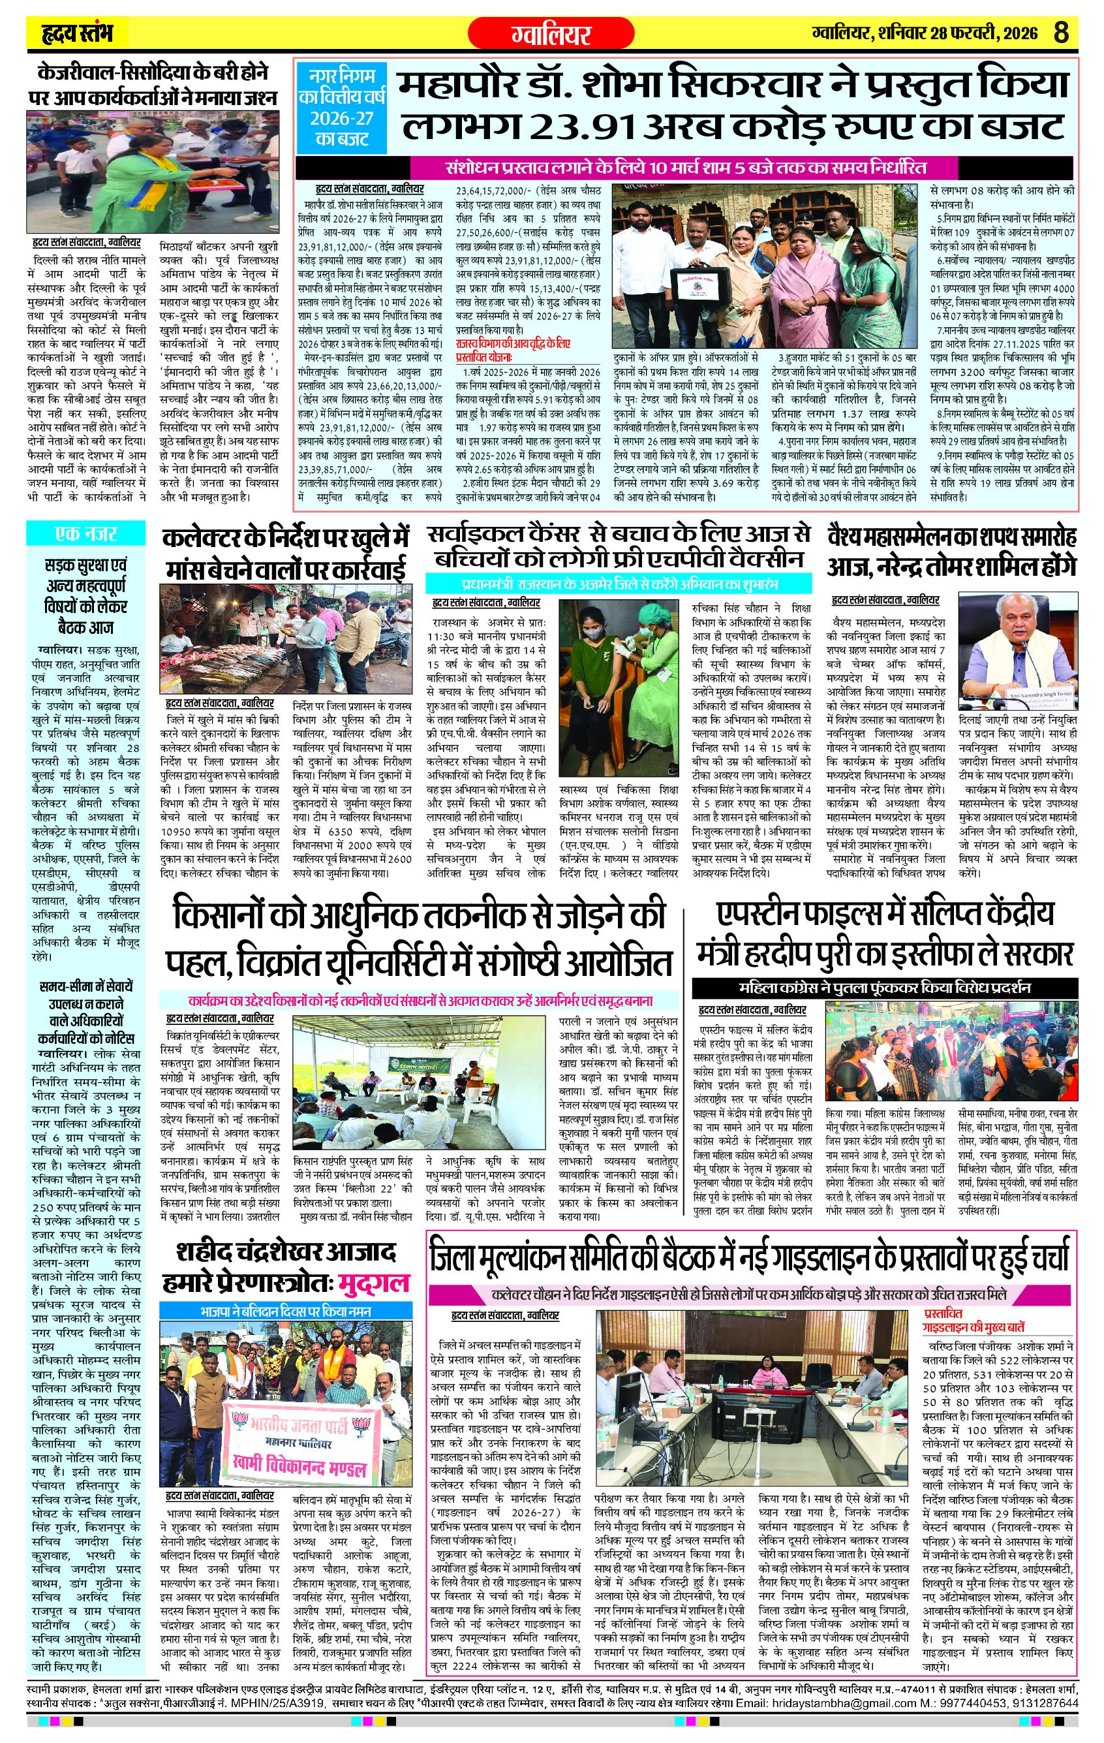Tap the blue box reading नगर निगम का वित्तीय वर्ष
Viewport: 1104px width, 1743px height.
point(339,106)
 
